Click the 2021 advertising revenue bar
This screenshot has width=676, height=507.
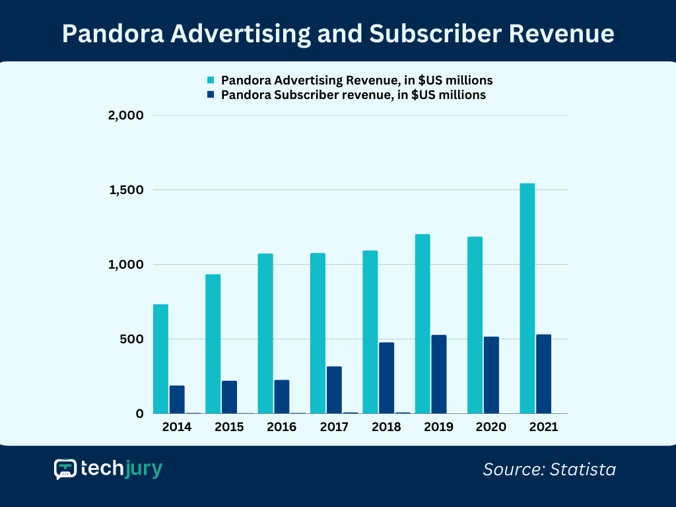(527, 298)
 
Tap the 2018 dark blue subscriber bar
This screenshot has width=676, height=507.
(386, 378)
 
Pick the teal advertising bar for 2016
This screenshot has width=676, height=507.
(265, 333)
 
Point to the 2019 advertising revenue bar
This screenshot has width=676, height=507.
(422, 323)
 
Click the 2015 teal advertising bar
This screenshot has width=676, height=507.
(213, 343)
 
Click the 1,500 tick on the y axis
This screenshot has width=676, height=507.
(125, 190)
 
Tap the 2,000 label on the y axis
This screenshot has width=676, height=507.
(125, 116)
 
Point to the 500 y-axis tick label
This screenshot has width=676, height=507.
(131, 339)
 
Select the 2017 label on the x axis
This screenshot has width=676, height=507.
(334, 427)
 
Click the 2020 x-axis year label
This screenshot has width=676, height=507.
(491, 427)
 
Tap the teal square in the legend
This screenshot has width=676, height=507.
(211, 81)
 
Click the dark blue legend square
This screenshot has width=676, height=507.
(211, 95)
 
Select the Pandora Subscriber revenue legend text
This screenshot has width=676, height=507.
(353, 95)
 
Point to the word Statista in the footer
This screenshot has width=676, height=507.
(584, 469)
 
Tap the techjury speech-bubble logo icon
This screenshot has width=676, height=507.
(65, 469)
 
